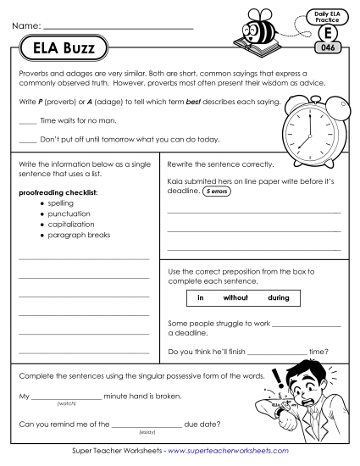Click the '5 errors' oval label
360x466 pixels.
(216, 191)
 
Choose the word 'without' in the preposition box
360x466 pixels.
(235, 298)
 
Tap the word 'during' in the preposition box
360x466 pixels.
(278, 298)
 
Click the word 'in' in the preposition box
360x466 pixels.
(201, 298)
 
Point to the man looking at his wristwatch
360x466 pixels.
(306, 398)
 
